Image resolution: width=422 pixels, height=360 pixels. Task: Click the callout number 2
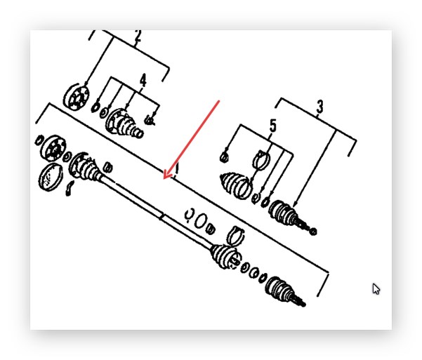coord(138,36)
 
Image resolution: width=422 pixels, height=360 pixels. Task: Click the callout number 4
coord(143,80)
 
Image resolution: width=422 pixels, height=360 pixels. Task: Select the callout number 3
coord(319,107)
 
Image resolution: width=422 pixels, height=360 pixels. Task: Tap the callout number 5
coord(273,126)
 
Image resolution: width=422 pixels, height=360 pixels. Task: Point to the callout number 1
coord(177,169)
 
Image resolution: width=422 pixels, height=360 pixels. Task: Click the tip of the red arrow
coord(164,178)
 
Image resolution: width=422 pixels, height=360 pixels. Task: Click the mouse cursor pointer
coord(376,289)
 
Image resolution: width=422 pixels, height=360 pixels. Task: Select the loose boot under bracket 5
coord(236,185)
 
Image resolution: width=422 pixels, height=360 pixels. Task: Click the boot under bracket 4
coord(124,124)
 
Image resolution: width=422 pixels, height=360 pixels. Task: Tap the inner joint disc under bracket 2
coord(77,98)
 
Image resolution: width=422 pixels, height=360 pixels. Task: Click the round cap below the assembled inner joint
coord(51,177)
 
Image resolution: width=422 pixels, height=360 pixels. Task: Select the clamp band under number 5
coord(261,161)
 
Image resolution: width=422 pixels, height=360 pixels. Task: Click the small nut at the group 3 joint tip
coord(313,231)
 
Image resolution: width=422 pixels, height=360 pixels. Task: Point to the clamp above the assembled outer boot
coord(235,235)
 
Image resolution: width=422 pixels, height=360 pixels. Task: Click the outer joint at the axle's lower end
coord(284,291)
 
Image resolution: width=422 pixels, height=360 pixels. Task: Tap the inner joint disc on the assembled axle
coord(53,147)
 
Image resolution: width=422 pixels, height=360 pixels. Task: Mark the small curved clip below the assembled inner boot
coord(70,188)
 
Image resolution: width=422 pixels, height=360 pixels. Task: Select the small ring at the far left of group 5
coord(224,157)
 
